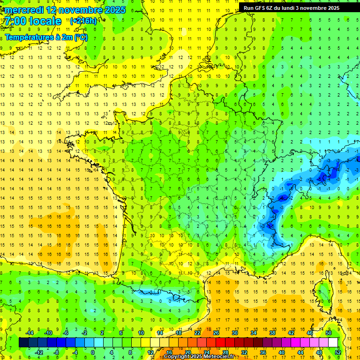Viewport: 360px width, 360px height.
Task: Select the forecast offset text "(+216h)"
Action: [83, 21]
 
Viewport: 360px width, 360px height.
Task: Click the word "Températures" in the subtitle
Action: [29, 37]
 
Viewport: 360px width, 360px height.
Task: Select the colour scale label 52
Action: [337, 352]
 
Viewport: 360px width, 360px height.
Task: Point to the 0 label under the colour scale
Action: [93, 352]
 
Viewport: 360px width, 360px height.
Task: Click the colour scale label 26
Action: [216, 333]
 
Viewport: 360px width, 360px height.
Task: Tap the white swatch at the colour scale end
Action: [333, 343]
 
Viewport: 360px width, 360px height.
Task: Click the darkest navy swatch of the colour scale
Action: [23, 343]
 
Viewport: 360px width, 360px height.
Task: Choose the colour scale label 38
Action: [272, 333]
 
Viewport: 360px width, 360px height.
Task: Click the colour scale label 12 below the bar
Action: [151, 352]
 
